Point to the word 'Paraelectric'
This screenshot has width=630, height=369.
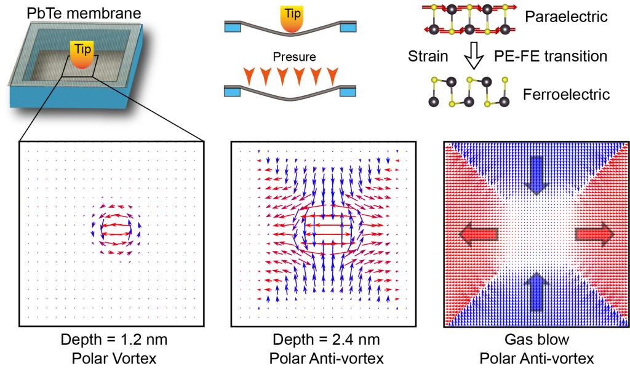click(x=567, y=17)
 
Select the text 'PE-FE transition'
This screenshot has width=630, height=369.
click(x=551, y=56)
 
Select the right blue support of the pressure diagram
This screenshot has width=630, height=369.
click(x=348, y=90)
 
